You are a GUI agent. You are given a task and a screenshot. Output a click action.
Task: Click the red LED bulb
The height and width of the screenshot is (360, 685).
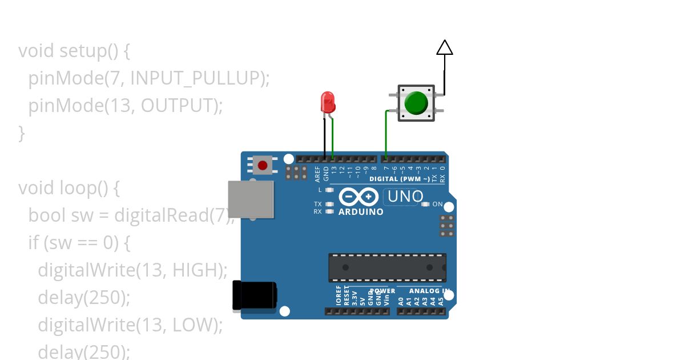click(x=328, y=102)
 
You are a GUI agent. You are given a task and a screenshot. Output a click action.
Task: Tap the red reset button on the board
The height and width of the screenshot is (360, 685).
click(x=262, y=166)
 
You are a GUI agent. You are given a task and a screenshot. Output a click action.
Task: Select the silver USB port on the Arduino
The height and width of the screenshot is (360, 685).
click(x=250, y=199)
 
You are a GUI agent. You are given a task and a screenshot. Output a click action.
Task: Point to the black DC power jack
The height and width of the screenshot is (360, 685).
click(x=254, y=296)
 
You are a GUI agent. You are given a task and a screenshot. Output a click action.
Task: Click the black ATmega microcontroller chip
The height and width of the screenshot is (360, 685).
click(x=387, y=267)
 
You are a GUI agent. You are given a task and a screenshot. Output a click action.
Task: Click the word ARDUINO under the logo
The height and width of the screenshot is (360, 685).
click(x=361, y=212)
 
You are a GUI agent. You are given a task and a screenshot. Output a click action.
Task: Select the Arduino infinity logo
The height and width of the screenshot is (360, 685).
click(x=358, y=197)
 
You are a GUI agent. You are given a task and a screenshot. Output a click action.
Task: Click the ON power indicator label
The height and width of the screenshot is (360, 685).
click(x=438, y=204)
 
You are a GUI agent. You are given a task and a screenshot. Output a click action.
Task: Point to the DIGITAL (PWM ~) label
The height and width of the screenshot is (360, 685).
click(x=400, y=179)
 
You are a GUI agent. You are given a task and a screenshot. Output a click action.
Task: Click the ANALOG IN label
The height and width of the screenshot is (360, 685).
click(x=425, y=291)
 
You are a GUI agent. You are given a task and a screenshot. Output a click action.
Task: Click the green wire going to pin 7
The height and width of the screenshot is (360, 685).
click(x=386, y=134)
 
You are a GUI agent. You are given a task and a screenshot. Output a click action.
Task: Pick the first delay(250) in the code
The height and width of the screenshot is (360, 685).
click(x=84, y=297)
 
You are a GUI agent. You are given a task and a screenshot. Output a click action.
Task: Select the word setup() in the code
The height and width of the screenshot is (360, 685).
click(x=88, y=51)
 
